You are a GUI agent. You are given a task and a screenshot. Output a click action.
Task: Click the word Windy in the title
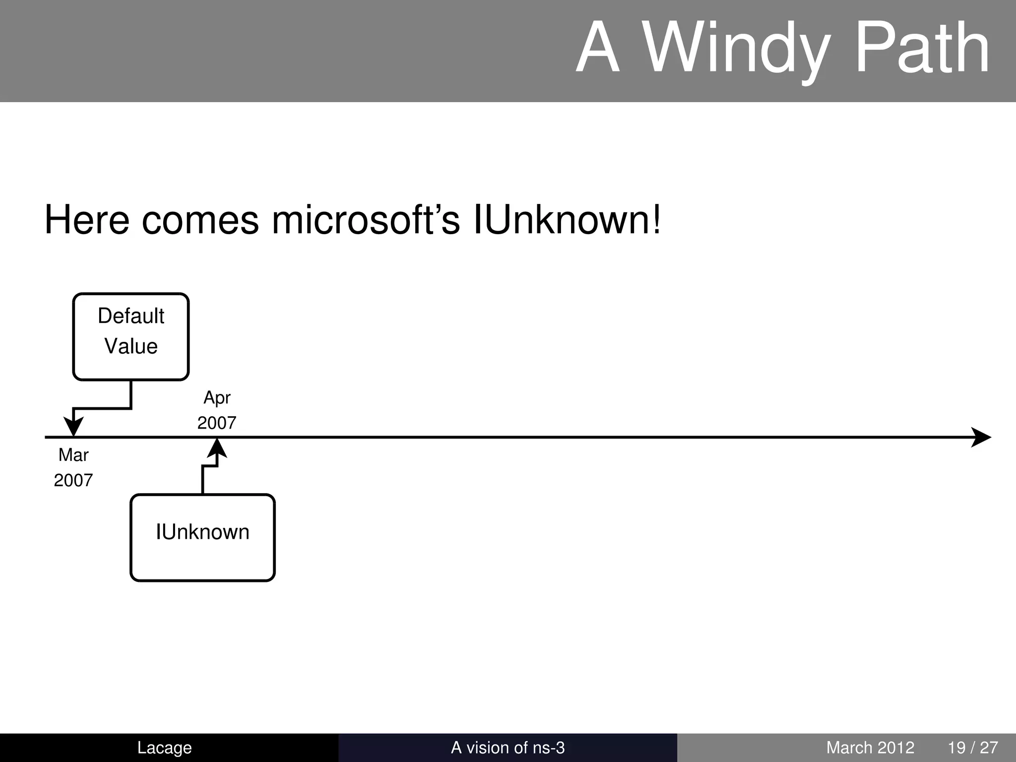click(736, 50)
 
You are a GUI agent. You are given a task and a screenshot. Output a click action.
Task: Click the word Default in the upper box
click(131, 316)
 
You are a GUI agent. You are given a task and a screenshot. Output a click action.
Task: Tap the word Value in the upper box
click(131, 346)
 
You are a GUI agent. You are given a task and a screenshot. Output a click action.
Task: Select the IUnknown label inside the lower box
click(202, 532)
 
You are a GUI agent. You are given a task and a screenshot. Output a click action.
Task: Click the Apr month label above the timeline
click(217, 398)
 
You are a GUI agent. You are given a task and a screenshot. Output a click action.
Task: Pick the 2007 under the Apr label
click(217, 423)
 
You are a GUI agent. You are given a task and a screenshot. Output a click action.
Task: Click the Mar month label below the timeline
click(73, 455)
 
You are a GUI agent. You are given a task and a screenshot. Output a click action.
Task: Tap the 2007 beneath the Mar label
click(73, 480)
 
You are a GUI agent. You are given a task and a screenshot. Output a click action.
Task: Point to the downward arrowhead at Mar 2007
click(73, 427)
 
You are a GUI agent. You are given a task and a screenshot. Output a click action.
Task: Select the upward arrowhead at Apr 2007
click(217, 448)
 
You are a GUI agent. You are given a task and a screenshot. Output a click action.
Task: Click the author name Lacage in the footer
click(164, 748)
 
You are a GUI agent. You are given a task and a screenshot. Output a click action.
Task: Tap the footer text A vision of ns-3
click(508, 748)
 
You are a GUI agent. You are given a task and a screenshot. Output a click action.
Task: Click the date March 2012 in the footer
click(870, 748)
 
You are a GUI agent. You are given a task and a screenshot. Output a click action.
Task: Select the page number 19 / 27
click(972, 748)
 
